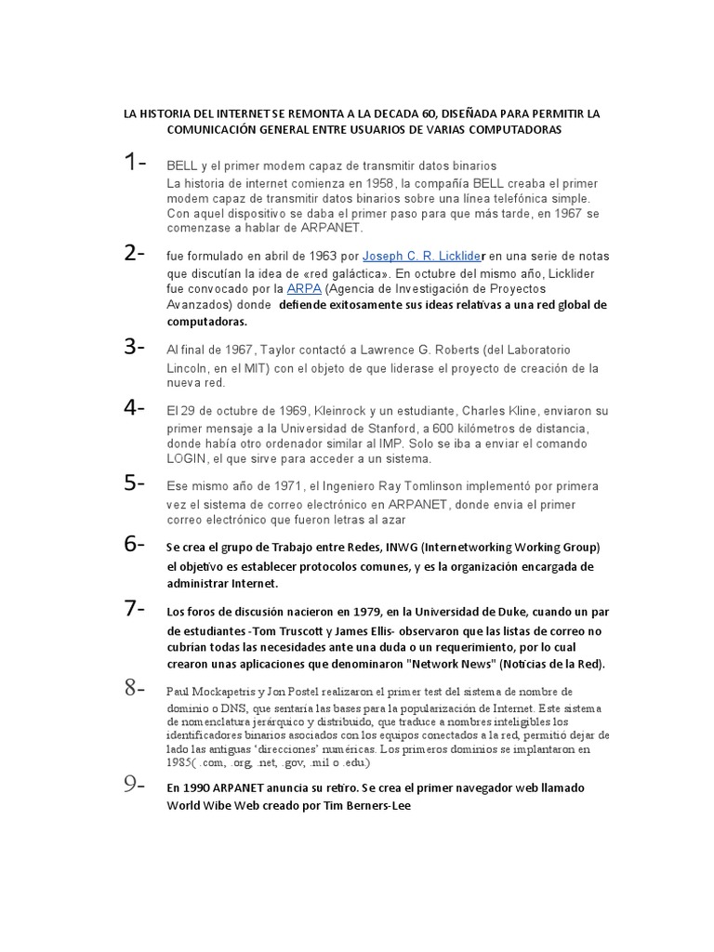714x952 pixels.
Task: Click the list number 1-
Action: point(135,162)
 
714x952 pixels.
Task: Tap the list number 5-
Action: point(135,483)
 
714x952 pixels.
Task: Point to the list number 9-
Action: point(135,785)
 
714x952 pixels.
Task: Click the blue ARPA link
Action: point(304,289)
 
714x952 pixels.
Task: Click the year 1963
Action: point(312,256)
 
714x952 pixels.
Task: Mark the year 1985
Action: point(180,763)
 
